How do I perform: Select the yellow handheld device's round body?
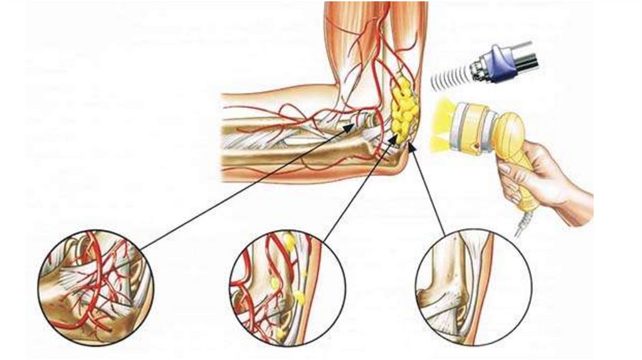(508, 132)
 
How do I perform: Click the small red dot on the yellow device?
(478, 144)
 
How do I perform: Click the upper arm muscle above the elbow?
(351, 38)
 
